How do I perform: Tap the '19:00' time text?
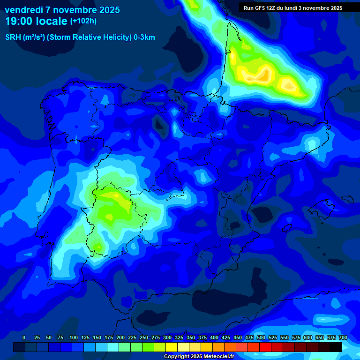(19, 21)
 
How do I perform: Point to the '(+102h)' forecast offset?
(83, 21)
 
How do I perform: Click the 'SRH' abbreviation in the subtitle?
(13, 37)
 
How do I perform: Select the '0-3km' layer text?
(144, 37)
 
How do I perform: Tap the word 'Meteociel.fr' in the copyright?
(215, 357)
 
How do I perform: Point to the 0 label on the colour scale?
(24, 338)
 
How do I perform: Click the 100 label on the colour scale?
(73, 338)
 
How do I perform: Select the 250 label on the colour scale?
(144, 338)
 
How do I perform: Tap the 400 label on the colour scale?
(214, 338)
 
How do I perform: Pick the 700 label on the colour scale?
(343, 338)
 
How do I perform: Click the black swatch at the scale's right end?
(336, 347)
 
